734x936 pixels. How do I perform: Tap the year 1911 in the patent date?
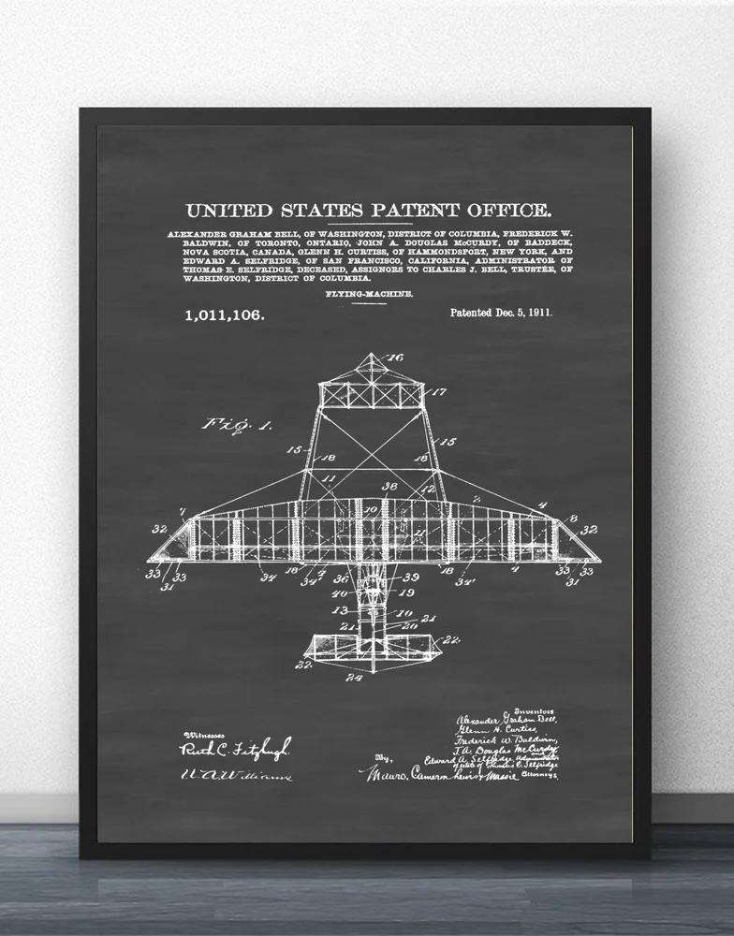[x=536, y=313]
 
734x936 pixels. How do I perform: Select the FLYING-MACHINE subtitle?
[x=370, y=294]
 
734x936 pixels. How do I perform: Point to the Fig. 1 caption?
[x=237, y=424]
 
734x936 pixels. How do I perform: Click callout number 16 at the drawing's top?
[x=395, y=357]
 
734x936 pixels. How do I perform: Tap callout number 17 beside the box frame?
[x=438, y=391]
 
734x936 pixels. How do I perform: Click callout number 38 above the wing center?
[x=389, y=487]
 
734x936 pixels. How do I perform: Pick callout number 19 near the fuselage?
[x=406, y=592]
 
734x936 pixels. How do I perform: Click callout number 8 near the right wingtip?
[x=573, y=518]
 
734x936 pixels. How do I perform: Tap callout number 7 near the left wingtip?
[x=182, y=513]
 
